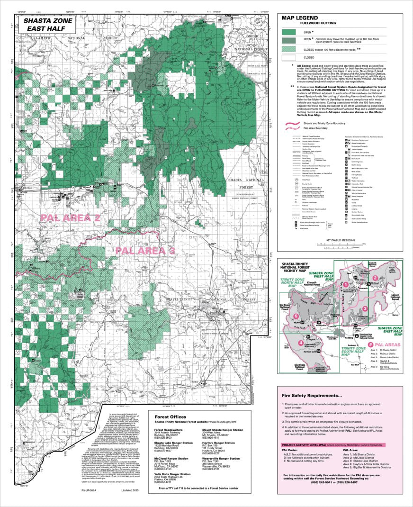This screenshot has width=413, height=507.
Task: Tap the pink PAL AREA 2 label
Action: point(70,217)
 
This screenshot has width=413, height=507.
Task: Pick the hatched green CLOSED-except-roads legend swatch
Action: point(293,49)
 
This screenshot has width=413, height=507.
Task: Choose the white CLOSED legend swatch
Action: point(293,58)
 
